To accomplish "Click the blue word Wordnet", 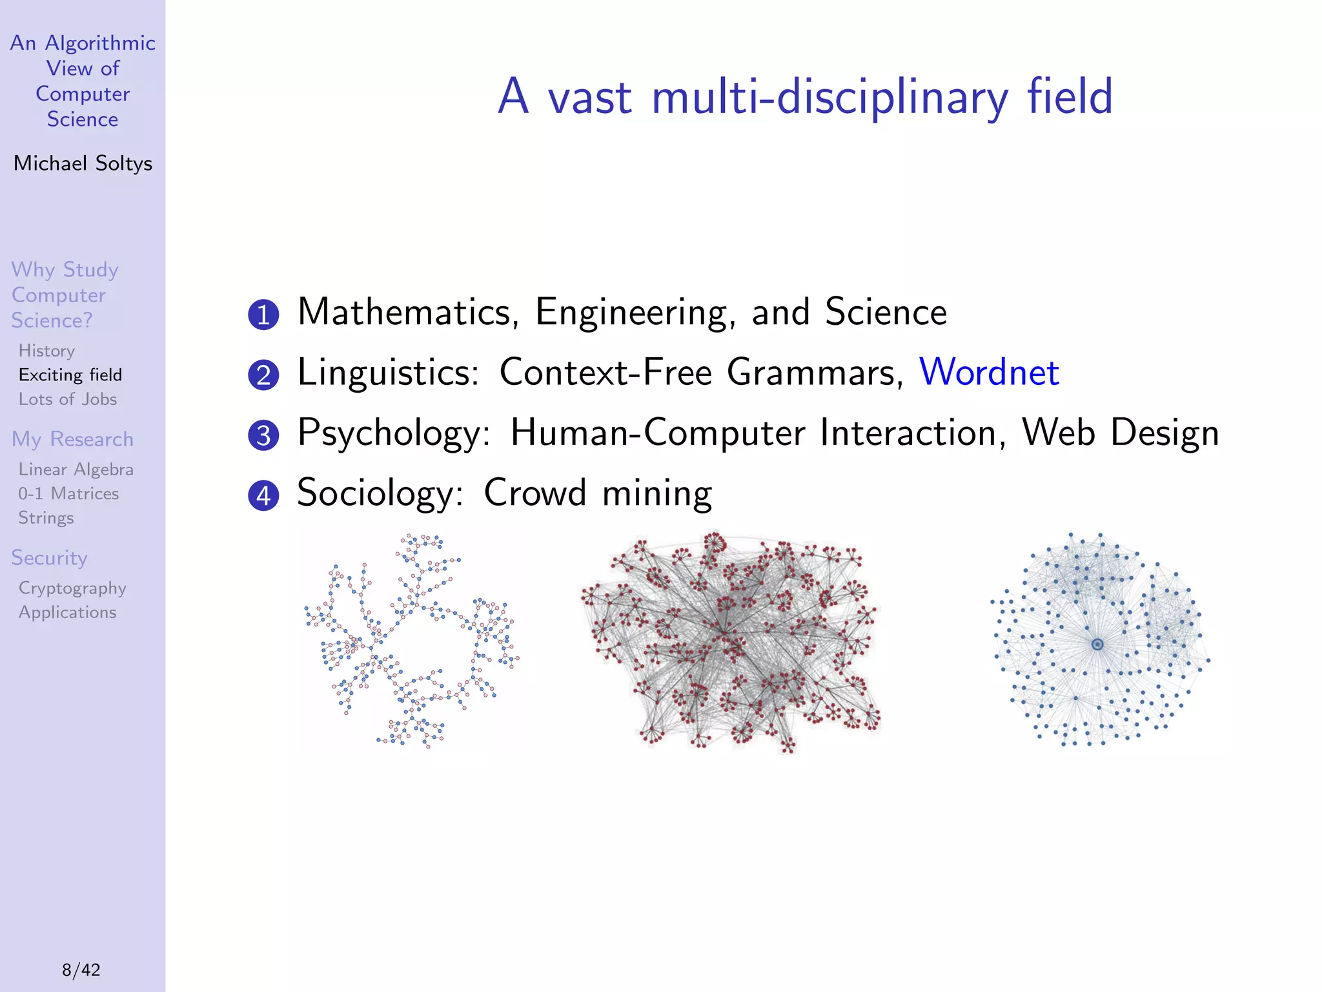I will pos(989,372).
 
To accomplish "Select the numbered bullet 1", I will pos(263,315).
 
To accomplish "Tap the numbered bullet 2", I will pos(263,375).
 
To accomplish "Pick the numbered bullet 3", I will pos(263,435).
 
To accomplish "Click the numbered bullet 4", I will pos(263,495).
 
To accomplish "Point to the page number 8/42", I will pos(81,969).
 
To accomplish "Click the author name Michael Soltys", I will pos(83,163).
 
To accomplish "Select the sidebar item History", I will pos(46,351).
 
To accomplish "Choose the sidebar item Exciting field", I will pos(70,375).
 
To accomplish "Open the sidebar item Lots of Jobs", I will pos(68,399).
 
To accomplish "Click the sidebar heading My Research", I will pos(72,439).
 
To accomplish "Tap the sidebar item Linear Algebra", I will pos(76,470).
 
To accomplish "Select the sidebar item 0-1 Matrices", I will pos(68,493).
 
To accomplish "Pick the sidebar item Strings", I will pos(46,518).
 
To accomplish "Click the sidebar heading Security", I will pos(49,557).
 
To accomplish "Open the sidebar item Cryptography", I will pos(72,588).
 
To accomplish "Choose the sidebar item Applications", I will pos(67,612).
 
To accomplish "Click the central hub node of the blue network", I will pos(1097,644).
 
